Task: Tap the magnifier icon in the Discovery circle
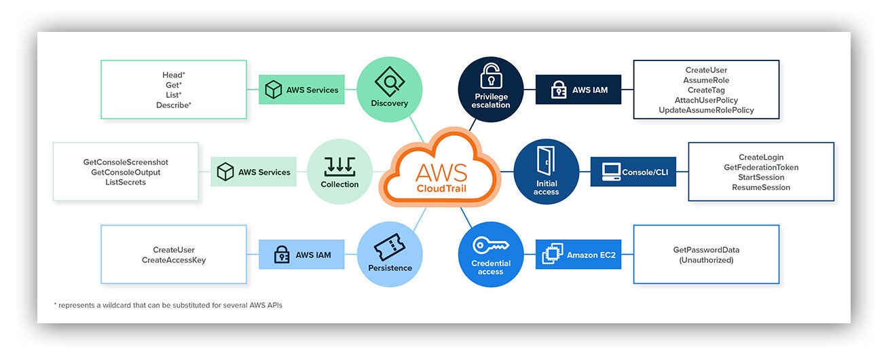[x=390, y=82]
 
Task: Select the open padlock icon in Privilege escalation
[x=491, y=76]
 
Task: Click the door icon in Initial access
[x=546, y=160]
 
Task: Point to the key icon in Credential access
[x=490, y=245]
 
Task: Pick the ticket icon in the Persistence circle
[x=389, y=247]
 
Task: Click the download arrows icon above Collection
[x=339, y=166]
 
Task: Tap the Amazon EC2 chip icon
[x=553, y=254]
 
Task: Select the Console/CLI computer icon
[x=611, y=172]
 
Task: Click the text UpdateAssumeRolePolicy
[x=706, y=110]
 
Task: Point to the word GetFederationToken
[x=761, y=167]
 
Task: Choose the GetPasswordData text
[x=706, y=250]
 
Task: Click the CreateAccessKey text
[x=174, y=260]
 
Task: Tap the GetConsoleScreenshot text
[x=126, y=162]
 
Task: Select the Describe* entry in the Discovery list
[x=174, y=105]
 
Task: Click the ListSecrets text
[x=126, y=183]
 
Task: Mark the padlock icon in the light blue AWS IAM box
[x=282, y=255]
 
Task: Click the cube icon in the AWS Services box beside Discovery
[x=273, y=90]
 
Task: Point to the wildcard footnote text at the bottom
[x=168, y=305]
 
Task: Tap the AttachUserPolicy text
[x=706, y=101]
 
